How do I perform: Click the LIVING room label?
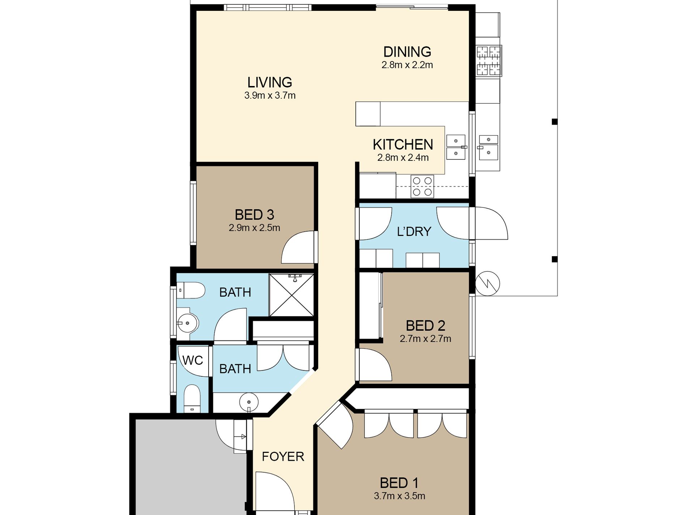(x=270, y=82)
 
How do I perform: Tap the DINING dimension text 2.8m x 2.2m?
(x=407, y=65)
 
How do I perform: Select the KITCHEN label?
(x=403, y=145)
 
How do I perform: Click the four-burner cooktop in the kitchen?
(x=422, y=186)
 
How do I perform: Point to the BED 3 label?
(x=255, y=215)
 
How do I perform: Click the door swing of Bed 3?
(x=299, y=247)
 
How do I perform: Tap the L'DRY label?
(x=414, y=231)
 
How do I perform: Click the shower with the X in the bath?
(x=291, y=295)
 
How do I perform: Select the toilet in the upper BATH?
(x=191, y=290)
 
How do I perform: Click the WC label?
(x=192, y=360)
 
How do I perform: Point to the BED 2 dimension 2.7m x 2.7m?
(x=425, y=339)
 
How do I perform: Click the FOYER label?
(x=283, y=456)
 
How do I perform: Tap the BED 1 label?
(x=399, y=483)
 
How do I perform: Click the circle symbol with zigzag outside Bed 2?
(x=487, y=284)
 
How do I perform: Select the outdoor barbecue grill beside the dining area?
(x=489, y=61)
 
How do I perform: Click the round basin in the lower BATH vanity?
(x=249, y=402)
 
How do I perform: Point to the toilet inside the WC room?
(x=192, y=399)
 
